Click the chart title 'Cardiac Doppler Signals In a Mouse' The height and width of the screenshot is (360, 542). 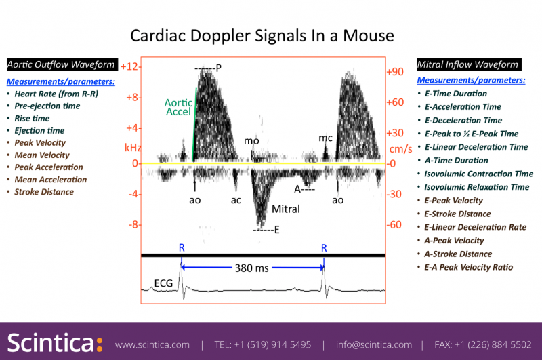pyautogui.click(x=262, y=35)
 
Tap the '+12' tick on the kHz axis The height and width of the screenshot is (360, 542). pyautogui.click(x=129, y=66)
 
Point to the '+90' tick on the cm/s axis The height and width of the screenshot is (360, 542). pyautogui.click(x=395, y=72)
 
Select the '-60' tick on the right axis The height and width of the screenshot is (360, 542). pyautogui.click(x=395, y=224)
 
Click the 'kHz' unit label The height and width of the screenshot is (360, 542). pyautogui.click(x=132, y=147)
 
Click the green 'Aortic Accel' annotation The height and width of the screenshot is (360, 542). pyautogui.click(x=178, y=108)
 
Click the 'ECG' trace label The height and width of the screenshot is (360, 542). pyautogui.click(x=163, y=283)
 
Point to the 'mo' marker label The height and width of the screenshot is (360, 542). pyautogui.click(x=251, y=141)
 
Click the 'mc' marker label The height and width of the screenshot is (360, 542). pyautogui.click(x=325, y=138)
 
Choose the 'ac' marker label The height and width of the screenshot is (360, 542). pyautogui.click(x=236, y=200)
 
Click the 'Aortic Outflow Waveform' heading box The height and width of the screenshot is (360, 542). pyautogui.click(x=60, y=65)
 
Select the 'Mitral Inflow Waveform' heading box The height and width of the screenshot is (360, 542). pyautogui.click(x=468, y=65)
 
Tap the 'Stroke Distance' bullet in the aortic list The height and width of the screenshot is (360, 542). pyautogui.click(x=44, y=192)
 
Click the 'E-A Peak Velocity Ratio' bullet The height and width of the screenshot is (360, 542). pyautogui.click(x=468, y=267)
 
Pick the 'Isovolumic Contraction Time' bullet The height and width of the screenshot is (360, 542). pyautogui.click(x=478, y=174)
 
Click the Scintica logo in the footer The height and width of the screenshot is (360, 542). pyautogui.click(x=55, y=343)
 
